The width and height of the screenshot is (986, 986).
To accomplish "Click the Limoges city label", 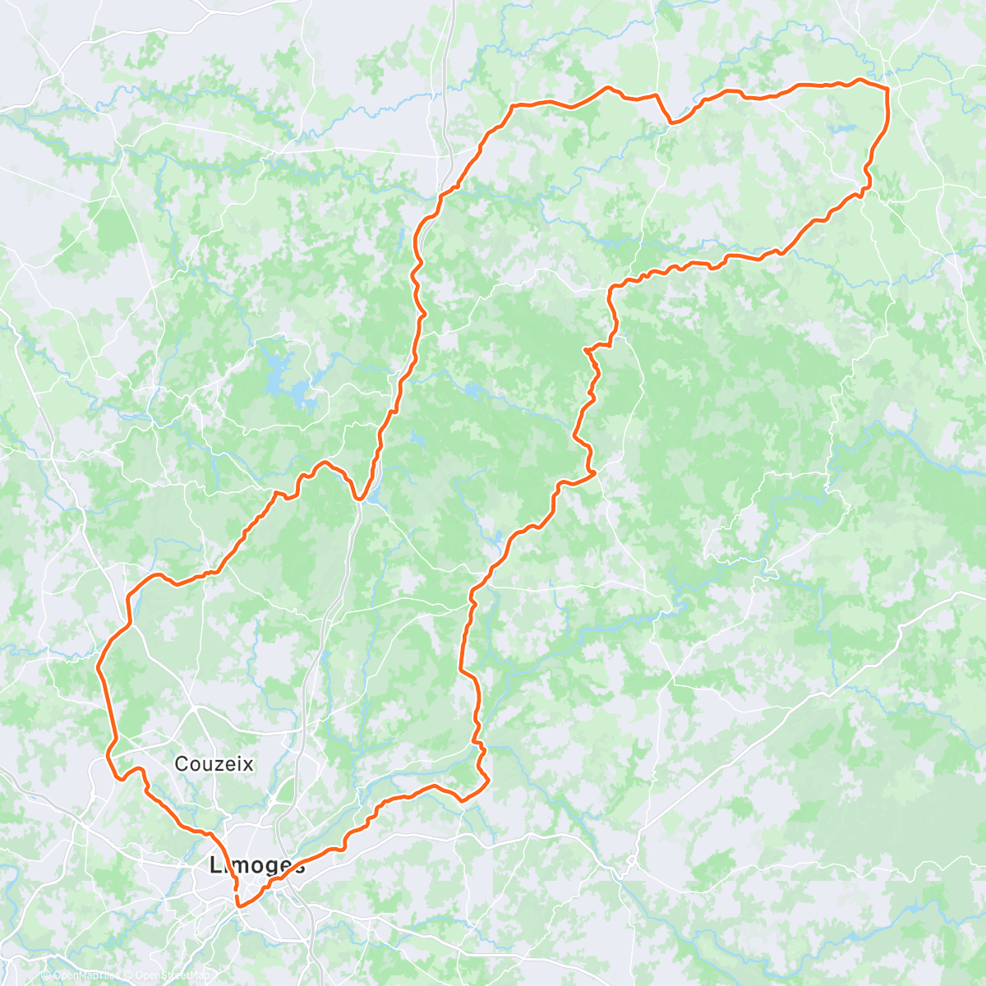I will (257, 864).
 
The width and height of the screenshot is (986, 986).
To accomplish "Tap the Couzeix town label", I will (214, 764).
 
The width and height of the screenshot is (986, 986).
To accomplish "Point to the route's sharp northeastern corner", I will (888, 87).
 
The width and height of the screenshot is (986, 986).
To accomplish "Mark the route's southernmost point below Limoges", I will (239, 905).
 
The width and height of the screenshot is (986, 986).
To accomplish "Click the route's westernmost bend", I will (99, 666).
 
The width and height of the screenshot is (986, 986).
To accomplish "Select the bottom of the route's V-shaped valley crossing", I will (360, 498).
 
